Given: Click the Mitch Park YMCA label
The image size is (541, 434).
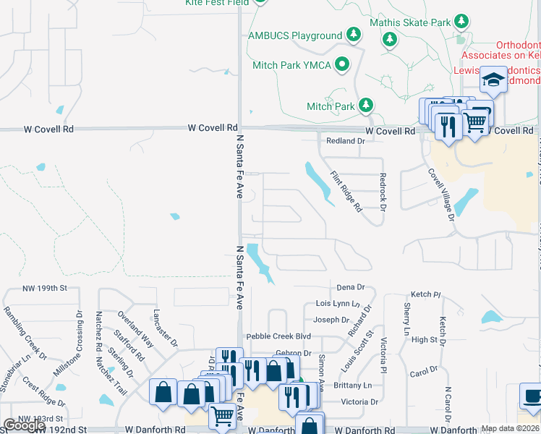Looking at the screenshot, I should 292,65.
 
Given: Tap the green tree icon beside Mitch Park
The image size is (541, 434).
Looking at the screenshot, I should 366,106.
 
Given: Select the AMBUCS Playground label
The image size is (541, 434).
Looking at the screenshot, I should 295,35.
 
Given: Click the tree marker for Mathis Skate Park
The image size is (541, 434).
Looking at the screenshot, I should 391,39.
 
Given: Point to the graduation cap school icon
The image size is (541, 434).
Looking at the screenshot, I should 494,80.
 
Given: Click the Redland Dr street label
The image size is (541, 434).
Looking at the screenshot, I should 345,141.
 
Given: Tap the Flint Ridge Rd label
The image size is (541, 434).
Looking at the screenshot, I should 346,192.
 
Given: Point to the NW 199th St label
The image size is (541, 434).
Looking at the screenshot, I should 45,288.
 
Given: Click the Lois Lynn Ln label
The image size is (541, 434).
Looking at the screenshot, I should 337,305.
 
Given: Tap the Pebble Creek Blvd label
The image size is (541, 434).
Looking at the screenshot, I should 278,337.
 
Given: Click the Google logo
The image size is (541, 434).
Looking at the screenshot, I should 24,425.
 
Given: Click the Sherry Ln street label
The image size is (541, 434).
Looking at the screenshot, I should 406,323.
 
